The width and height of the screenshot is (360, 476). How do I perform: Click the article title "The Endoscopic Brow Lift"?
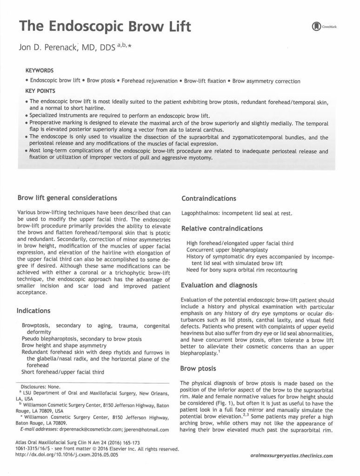[105, 26]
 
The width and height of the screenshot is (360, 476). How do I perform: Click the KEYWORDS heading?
[40, 71]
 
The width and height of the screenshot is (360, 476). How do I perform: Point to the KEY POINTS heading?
[40, 91]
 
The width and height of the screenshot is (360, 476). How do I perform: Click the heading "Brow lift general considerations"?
[67, 198]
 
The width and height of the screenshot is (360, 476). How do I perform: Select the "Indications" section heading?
[33, 310]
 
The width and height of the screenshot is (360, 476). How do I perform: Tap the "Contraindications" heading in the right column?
[208, 198]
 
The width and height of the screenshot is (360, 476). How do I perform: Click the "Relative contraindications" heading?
[222, 229]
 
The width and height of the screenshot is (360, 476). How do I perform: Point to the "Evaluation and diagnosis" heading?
[219, 285]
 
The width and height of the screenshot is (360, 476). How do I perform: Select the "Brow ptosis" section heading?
[198, 369]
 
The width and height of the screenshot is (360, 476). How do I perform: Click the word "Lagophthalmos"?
[200, 213]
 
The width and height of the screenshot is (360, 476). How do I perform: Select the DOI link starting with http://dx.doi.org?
[67, 455]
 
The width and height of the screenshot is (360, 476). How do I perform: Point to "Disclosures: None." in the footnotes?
[41, 386]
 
